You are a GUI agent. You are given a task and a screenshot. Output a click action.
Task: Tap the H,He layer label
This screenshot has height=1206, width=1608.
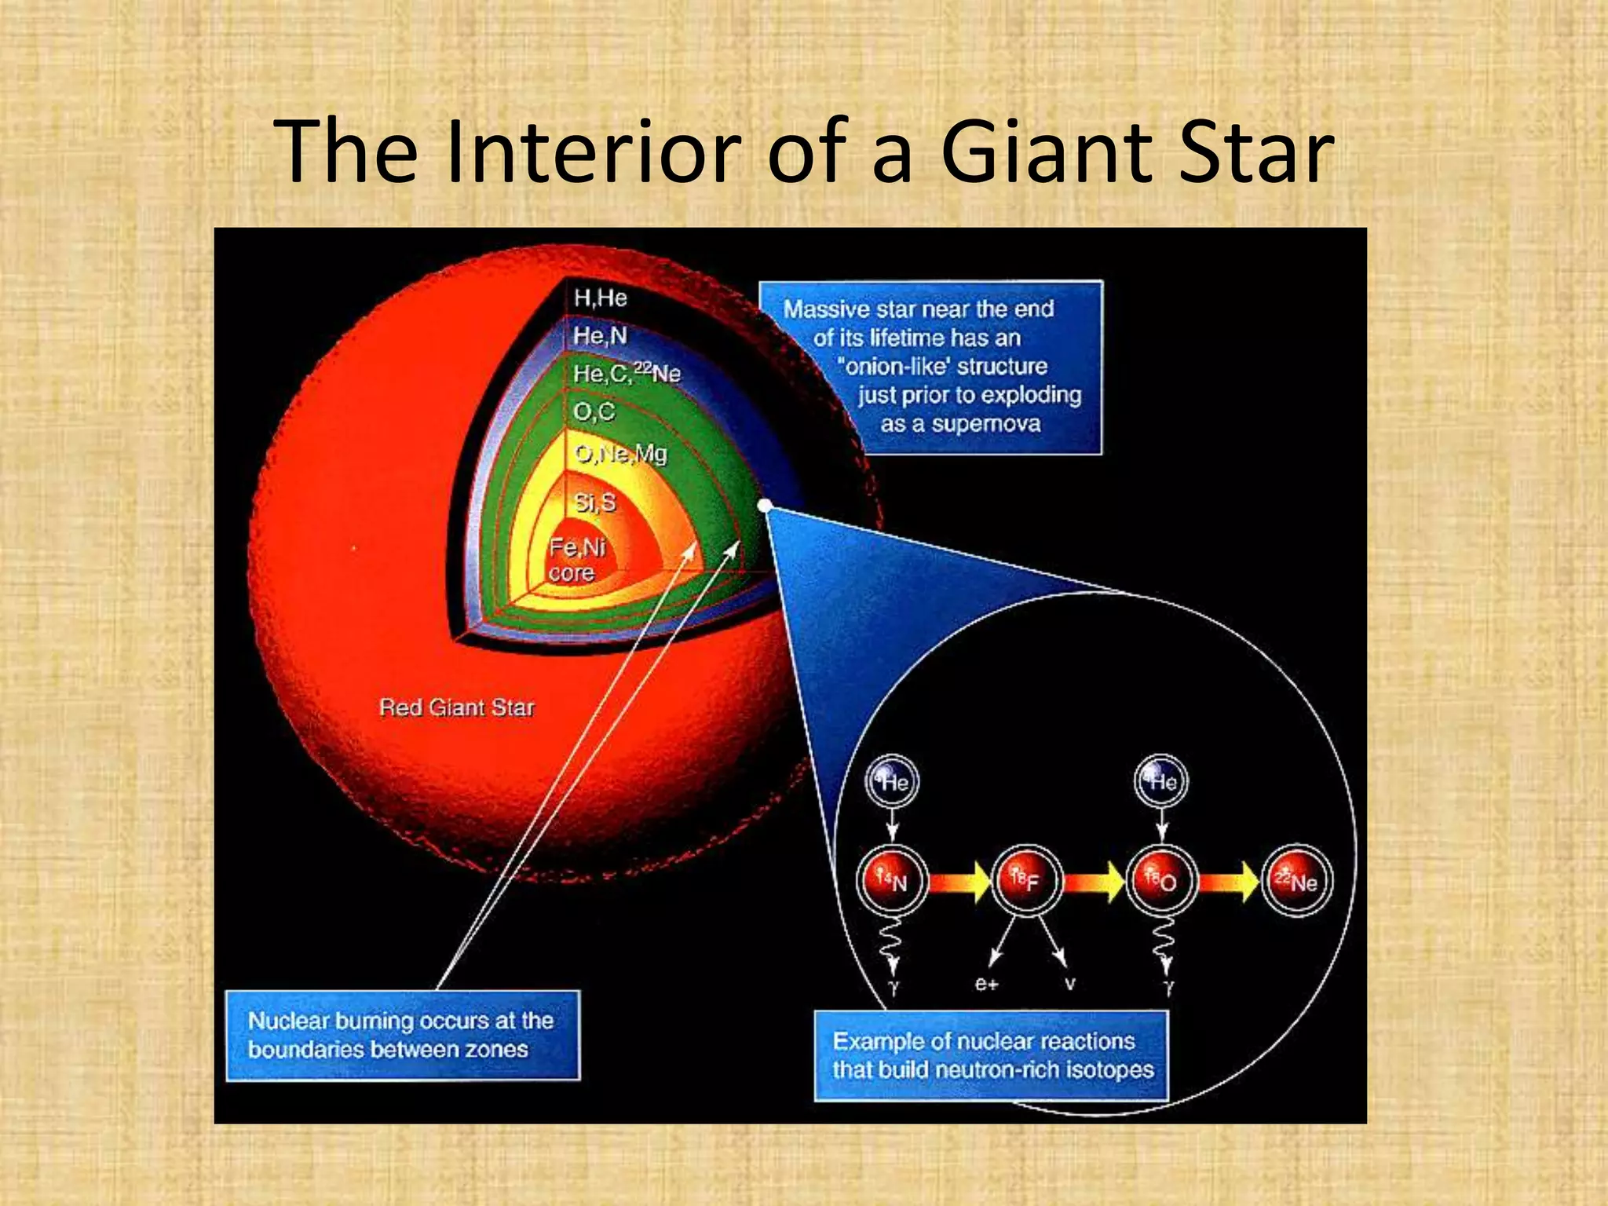pos(601,298)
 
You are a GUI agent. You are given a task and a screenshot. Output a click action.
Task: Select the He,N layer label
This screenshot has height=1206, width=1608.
pos(601,336)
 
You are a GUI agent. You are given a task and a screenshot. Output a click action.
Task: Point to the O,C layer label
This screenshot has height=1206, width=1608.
pos(594,411)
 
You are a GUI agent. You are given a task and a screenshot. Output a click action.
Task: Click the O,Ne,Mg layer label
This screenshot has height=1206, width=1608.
pos(620,454)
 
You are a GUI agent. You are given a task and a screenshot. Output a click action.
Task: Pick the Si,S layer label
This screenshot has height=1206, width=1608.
pos(595,502)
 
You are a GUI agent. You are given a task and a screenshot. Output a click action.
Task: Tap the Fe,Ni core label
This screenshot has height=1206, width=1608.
pos(576,559)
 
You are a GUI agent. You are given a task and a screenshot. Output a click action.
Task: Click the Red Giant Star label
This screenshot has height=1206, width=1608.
pos(457,707)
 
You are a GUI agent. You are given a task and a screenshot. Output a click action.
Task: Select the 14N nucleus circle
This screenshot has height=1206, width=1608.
pos(893,881)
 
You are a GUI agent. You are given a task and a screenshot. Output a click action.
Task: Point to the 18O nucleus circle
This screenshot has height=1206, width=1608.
pos(1161,881)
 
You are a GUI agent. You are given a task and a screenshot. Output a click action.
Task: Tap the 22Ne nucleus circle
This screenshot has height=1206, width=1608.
pos(1296,881)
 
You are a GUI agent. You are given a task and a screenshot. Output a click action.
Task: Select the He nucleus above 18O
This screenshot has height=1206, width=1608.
pos(1162,782)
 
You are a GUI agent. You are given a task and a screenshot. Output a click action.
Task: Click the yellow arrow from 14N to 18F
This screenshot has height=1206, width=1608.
pos(960,882)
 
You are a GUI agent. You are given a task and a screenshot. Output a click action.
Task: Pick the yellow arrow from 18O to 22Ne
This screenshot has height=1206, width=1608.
pos(1229,882)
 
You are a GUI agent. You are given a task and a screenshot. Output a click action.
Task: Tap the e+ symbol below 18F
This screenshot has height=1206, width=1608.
pos(986,984)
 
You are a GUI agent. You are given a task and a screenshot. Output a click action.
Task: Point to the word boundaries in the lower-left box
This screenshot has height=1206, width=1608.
pos(305,1050)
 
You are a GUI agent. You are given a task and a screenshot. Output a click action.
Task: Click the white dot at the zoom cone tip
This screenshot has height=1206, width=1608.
pos(765,506)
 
